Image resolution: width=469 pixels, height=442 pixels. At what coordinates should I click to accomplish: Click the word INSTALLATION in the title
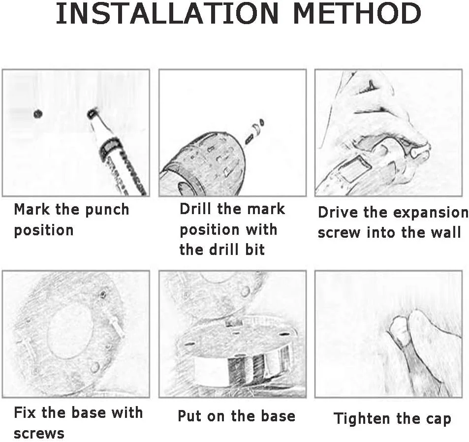167,14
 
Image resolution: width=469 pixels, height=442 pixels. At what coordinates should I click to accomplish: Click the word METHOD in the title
357,14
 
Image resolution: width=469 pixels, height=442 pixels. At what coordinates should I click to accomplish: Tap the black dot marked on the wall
38,114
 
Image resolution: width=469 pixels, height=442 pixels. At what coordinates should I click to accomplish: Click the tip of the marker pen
91,113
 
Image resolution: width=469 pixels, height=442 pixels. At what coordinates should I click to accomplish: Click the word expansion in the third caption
431,213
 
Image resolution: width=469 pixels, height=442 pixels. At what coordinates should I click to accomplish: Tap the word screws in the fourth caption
39,433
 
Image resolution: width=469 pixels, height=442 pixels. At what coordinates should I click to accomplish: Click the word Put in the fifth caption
189,416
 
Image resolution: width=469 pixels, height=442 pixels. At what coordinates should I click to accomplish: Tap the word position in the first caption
44,231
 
